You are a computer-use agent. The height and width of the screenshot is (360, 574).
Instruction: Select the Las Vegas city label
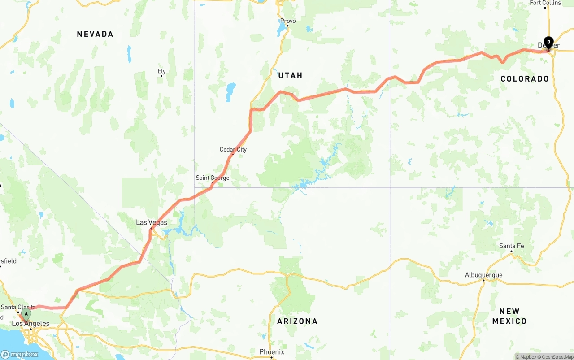(152, 222)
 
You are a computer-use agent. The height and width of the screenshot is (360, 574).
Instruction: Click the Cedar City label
(233, 149)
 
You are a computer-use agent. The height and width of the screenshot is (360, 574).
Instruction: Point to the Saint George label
(212, 178)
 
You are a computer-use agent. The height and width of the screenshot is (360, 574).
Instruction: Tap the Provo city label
(288, 21)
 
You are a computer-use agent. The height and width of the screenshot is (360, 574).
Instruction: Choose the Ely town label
(161, 71)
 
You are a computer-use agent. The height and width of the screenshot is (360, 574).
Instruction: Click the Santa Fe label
(511, 246)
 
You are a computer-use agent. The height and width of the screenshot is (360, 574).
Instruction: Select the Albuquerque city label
(483, 275)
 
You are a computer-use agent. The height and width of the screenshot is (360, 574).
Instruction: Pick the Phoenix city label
(272, 352)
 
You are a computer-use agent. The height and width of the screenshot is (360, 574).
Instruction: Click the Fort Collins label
(545, 3)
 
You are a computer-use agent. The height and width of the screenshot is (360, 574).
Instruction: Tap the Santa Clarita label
(18, 307)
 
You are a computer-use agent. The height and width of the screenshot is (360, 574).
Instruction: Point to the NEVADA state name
(95, 34)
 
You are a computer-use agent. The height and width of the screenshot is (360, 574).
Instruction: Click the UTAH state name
(290, 75)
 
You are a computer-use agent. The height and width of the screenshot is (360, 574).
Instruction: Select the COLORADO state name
(525, 79)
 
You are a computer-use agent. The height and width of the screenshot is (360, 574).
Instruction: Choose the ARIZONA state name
(297, 321)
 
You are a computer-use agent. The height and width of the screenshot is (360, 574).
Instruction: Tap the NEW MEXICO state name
(509, 316)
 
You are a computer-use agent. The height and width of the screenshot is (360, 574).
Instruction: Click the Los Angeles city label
(30, 323)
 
